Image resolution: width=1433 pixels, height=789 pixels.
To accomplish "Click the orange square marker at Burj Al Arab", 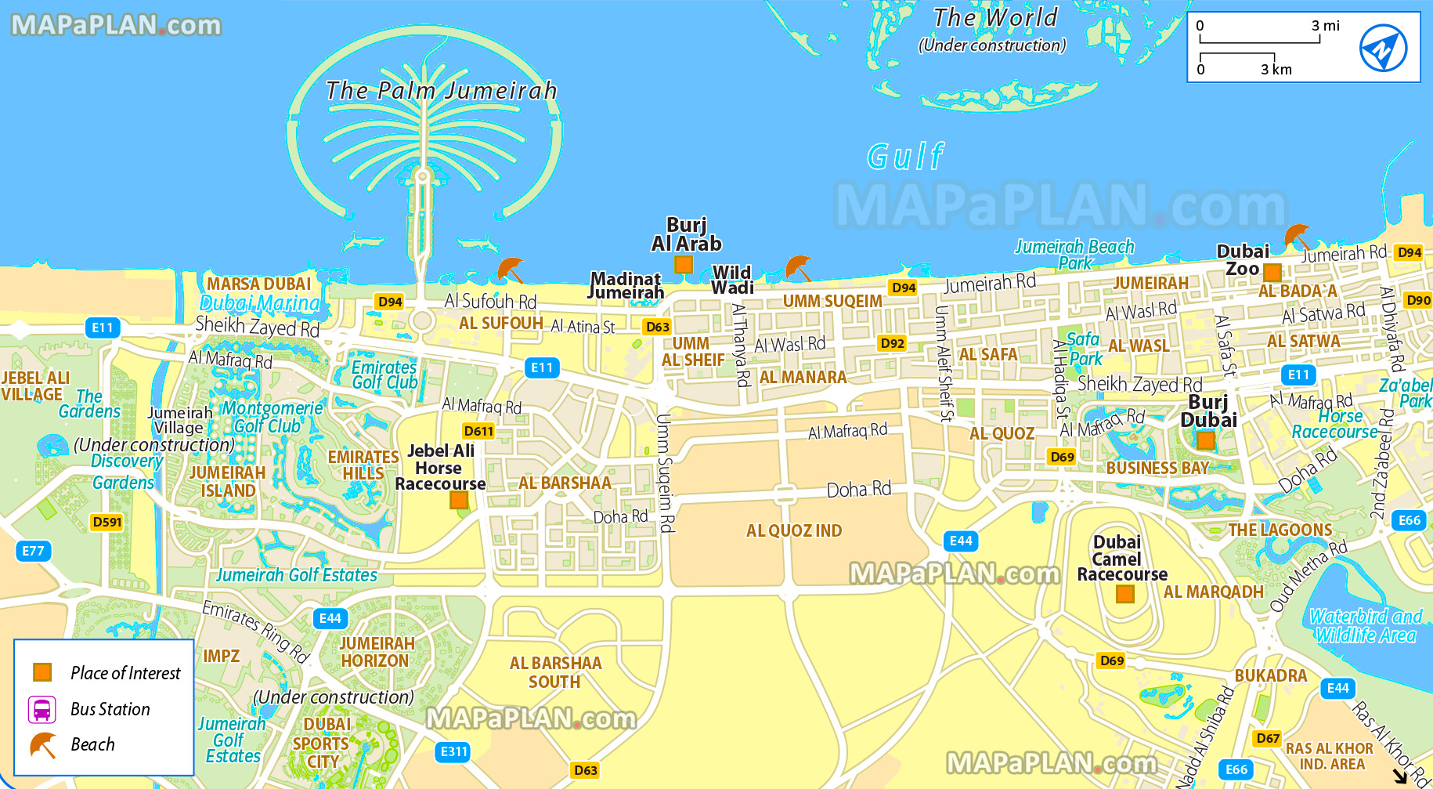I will click(684, 265).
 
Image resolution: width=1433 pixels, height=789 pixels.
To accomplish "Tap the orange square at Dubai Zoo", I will click(1272, 273).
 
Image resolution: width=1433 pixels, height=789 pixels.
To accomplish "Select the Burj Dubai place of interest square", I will click(1206, 440).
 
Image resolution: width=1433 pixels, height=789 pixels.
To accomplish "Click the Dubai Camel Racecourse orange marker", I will click(1125, 594).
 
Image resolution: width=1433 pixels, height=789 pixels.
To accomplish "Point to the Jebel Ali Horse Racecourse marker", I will click(459, 500).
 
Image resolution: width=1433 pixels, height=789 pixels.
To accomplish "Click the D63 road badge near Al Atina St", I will click(658, 327).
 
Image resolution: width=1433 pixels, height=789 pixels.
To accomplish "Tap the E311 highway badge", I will click(453, 751).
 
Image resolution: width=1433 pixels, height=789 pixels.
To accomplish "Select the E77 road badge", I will click(33, 551).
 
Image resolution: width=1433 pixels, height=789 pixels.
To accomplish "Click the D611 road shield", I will click(478, 431).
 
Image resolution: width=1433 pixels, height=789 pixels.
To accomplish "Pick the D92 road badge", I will click(892, 343).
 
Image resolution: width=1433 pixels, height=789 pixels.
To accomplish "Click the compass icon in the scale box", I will click(1383, 48).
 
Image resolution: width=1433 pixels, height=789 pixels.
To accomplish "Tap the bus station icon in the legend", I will click(42, 710).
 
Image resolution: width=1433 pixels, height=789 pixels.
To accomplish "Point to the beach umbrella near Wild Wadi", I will click(799, 268).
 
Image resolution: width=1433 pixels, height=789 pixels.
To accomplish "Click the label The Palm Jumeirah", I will click(441, 91).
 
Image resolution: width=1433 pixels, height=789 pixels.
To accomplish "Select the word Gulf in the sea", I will click(905, 157).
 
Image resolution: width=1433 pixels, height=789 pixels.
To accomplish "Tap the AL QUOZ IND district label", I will click(794, 531).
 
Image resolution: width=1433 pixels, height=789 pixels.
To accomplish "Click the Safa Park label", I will click(1085, 349).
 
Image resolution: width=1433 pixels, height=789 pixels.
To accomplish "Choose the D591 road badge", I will click(106, 522).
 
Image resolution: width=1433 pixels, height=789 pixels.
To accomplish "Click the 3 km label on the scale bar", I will click(1276, 70).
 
